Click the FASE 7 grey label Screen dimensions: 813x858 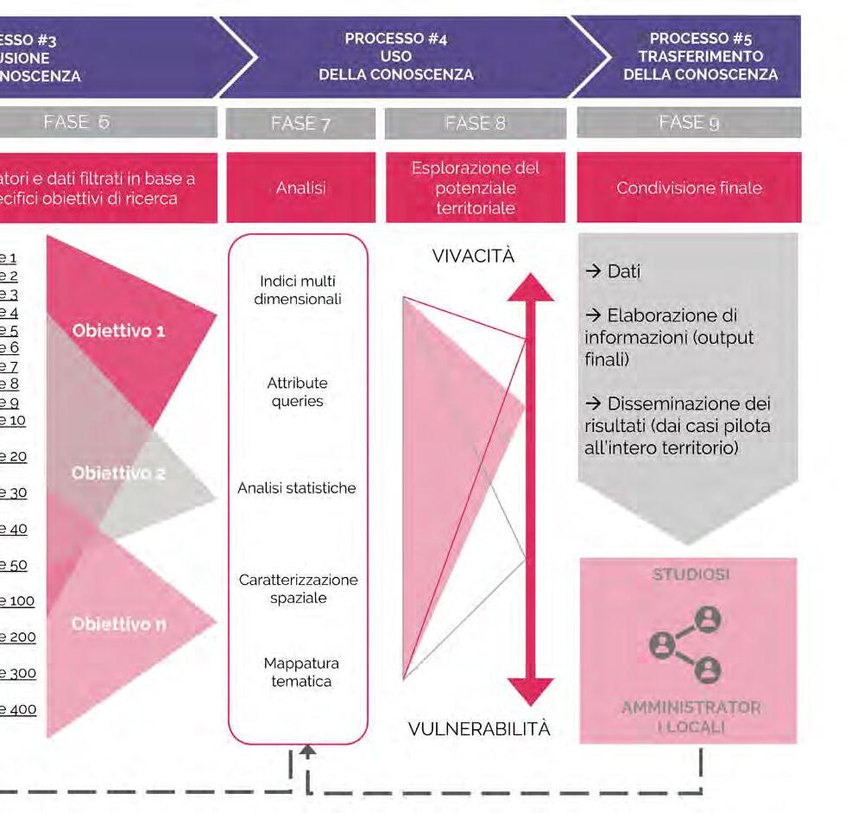(x=300, y=124)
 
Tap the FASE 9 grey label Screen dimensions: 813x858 (x=688, y=124)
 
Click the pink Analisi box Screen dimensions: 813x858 (x=300, y=187)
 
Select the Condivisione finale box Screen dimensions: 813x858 (x=688, y=187)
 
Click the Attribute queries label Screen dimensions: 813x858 (x=298, y=392)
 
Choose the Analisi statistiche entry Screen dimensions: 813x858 (x=298, y=488)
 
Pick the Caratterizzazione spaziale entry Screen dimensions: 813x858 (x=298, y=588)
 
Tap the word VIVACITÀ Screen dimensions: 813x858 (x=473, y=256)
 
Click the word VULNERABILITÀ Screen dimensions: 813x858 (x=479, y=729)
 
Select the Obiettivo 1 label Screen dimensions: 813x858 (x=118, y=331)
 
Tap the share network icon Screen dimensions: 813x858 (x=686, y=644)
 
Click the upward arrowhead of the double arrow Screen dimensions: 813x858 (x=530, y=288)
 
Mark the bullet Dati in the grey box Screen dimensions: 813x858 (x=614, y=271)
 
